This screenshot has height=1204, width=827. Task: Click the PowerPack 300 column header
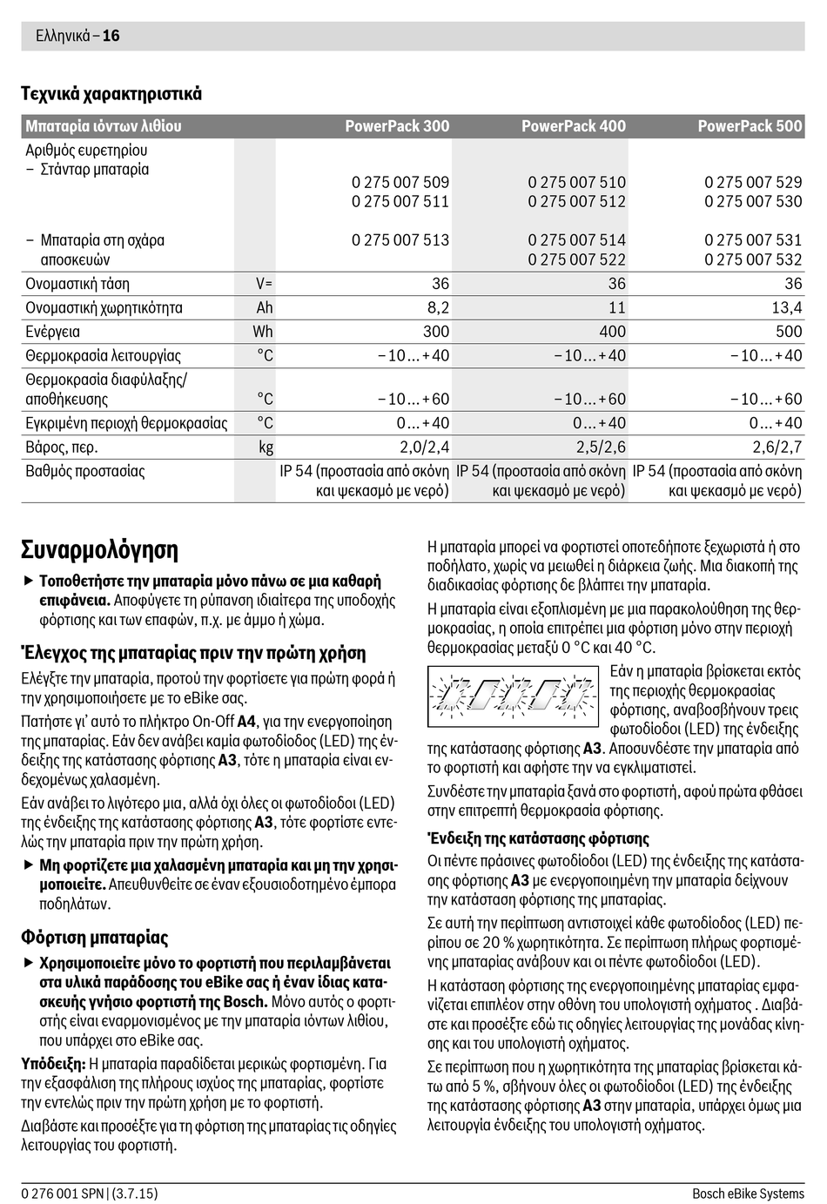(397, 126)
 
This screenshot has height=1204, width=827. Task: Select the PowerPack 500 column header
(750, 126)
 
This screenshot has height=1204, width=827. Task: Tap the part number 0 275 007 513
(400, 240)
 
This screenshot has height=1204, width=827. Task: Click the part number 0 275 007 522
(576, 259)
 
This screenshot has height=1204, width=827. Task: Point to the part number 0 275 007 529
(753, 183)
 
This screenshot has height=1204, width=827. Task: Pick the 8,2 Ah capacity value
(435, 307)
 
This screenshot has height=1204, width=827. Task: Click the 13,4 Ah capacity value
(786, 307)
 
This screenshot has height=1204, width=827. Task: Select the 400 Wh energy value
(612, 332)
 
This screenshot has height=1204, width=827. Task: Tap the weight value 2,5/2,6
(601, 447)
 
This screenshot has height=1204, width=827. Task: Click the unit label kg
(266, 447)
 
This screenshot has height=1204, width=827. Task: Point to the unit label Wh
(263, 332)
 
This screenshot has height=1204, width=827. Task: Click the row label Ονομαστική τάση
(77, 284)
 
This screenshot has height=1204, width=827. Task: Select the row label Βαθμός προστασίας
(85, 472)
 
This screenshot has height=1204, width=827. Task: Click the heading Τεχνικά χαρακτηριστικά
(111, 94)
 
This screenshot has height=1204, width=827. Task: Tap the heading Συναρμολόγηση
(99, 550)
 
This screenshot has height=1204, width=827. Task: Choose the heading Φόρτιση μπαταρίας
(95, 938)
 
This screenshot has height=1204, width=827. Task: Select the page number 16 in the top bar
(111, 36)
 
